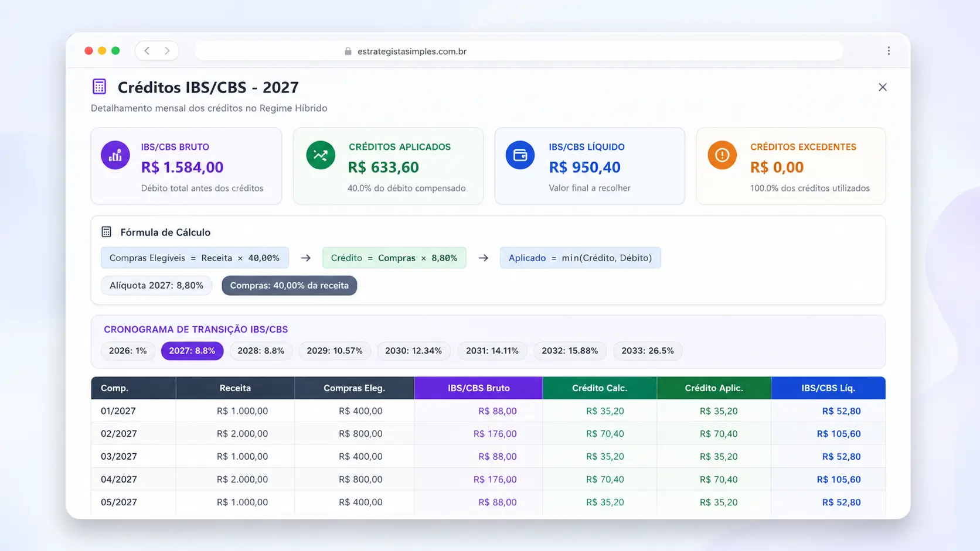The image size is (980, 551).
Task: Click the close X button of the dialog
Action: point(883,87)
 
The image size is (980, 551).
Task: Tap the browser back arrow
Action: point(147,51)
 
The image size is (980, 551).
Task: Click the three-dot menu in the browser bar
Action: point(889,51)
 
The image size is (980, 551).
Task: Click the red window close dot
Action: point(89,51)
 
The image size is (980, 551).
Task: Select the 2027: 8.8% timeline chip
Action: point(192,351)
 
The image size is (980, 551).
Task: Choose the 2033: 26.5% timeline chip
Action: point(648,351)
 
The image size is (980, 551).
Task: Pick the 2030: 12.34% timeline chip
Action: point(413,351)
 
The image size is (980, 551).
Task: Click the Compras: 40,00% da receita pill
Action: point(289,285)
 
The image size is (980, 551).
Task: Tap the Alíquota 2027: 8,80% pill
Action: point(156,285)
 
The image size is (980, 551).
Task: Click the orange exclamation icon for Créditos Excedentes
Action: point(722,155)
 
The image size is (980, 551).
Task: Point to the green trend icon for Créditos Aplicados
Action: point(321,155)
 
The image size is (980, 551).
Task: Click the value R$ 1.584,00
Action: point(182,167)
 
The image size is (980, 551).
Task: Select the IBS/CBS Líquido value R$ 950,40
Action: point(584,167)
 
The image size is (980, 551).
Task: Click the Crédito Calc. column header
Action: point(600,388)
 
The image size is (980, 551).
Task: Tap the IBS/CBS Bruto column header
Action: point(479,388)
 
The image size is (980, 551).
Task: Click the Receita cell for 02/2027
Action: point(243,434)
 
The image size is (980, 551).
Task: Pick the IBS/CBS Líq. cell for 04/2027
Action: point(839,480)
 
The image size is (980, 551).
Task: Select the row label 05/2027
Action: point(118,502)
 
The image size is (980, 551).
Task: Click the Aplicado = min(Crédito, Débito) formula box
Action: point(580,258)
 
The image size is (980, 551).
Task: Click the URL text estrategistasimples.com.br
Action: point(411,52)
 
